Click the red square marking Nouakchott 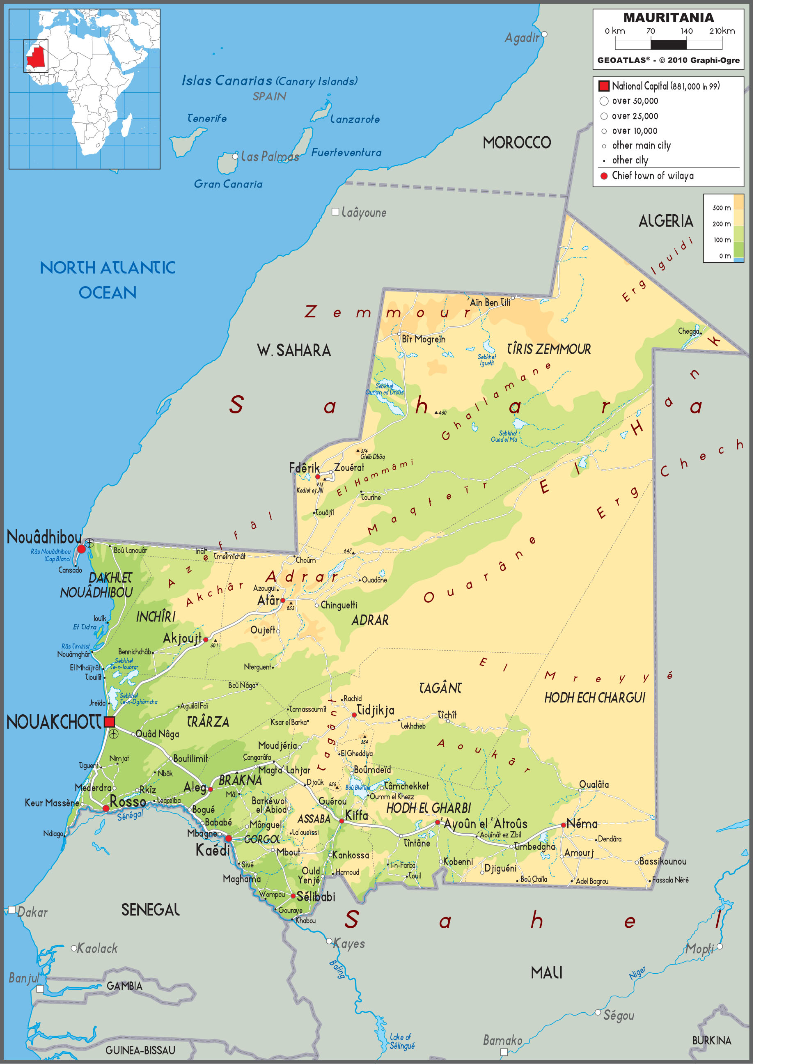pyautogui.click(x=109, y=722)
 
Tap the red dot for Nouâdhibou pyautogui.click(x=81, y=549)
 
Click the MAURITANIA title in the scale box pyautogui.click(x=668, y=18)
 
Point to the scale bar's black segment pyautogui.click(x=668, y=45)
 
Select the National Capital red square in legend pyautogui.click(x=604, y=86)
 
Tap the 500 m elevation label pyautogui.click(x=721, y=208)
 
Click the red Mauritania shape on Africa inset pyautogui.click(x=36, y=57)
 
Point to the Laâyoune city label pyautogui.click(x=364, y=212)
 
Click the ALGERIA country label pyautogui.click(x=665, y=221)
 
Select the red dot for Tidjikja pyautogui.click(x=354, y=715)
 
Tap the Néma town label pyautogui.click(x=582, y=823)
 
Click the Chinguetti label pyautogui.click(x=339, y=605)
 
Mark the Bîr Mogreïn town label pyautogui.click(x=423, y=339)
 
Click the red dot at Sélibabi pyautogui.click(x=293, y=896)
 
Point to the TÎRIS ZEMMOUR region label pyautogui.click(x=548, y=349)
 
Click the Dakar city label pyautogui.click(x=32, y=913)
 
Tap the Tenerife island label pyautogui.click(x=207, y=118)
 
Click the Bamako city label pyautogui.click(x=502, y=1041)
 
